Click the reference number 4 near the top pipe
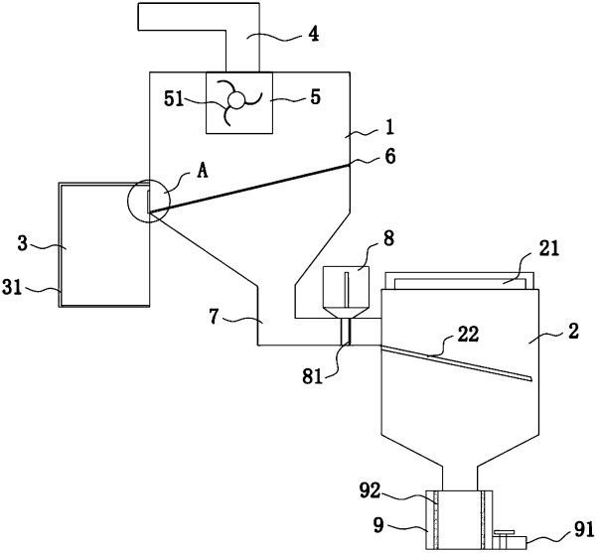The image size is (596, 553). coord(314,35)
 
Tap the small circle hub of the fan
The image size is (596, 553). coord(235,101)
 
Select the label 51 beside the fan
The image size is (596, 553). coord(174,100)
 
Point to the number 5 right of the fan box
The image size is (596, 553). coord(316,97)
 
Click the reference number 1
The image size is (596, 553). coord(389,128)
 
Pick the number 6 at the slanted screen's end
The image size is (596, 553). coord(390,157)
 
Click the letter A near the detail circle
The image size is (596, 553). coord(203,172)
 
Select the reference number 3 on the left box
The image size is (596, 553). coord(23,243)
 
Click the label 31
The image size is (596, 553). coord(12,287)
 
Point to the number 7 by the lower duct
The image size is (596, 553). coord(215,317)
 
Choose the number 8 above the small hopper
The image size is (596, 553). coord(388,239)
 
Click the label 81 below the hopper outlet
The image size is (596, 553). coord(313,376)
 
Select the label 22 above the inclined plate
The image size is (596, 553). coord(468,335)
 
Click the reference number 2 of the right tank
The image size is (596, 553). coord(573,332)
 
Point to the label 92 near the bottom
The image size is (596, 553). coord(370,491)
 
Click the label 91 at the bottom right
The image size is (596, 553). coord(584,529)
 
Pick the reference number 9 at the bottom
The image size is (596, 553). coord(378,526)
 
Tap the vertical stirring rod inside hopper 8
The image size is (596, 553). coord(347,290)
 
